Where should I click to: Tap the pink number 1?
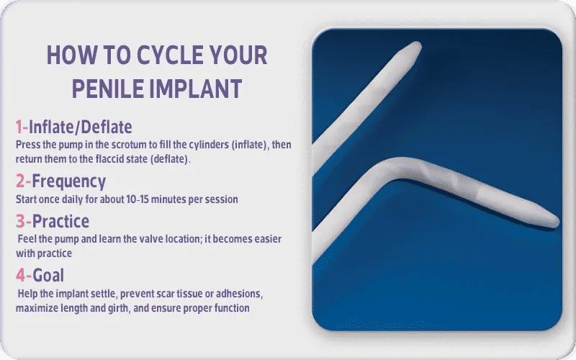pos(19,127)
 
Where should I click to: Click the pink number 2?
pos(20,181)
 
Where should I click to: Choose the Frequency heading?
pos(68,181)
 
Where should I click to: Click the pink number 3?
pos(20,221)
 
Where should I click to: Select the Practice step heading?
pos(60,221)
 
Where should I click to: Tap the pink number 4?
pos(20,275)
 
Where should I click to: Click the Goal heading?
pos(48,275)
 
